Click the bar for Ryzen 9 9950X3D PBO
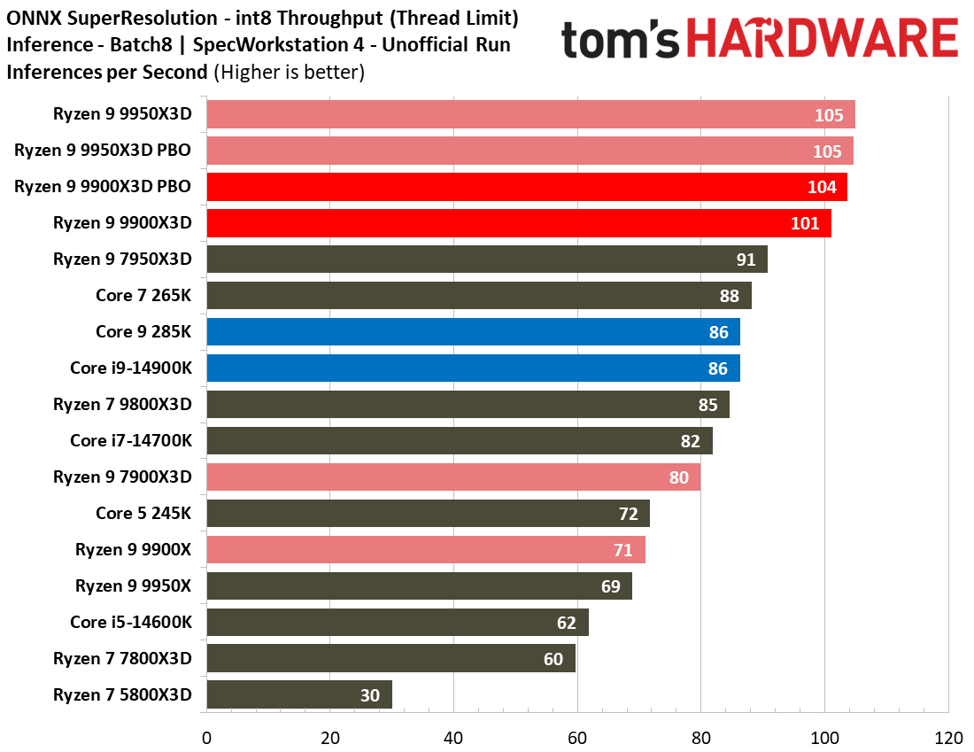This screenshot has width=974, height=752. coord(530,151)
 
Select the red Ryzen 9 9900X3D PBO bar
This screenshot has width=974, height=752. coord(527,187)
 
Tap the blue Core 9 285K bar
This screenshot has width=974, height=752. coord(473,332)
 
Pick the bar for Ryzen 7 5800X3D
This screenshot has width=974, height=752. coord(298,695)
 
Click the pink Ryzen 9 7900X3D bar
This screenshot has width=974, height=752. coord(453,477)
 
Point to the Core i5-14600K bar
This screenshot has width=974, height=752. coord(398,623)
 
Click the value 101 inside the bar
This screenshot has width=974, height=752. coord(805,223)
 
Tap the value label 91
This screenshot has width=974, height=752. coord(746,260)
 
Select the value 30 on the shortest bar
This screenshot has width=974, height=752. coord(370,695)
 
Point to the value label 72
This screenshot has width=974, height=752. coord(628,514)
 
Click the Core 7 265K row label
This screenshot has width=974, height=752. coord(143,296)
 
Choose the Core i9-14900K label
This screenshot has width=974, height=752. coord(131,368)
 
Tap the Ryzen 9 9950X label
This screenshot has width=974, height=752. coord(133,586)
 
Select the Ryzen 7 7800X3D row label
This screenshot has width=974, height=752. coord(122,659)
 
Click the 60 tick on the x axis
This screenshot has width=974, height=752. coord(577,737)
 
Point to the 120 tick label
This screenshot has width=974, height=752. coord(948,737)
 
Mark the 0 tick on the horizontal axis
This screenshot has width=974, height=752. coord(206,737)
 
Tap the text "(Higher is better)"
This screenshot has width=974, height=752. coord(289,72)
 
